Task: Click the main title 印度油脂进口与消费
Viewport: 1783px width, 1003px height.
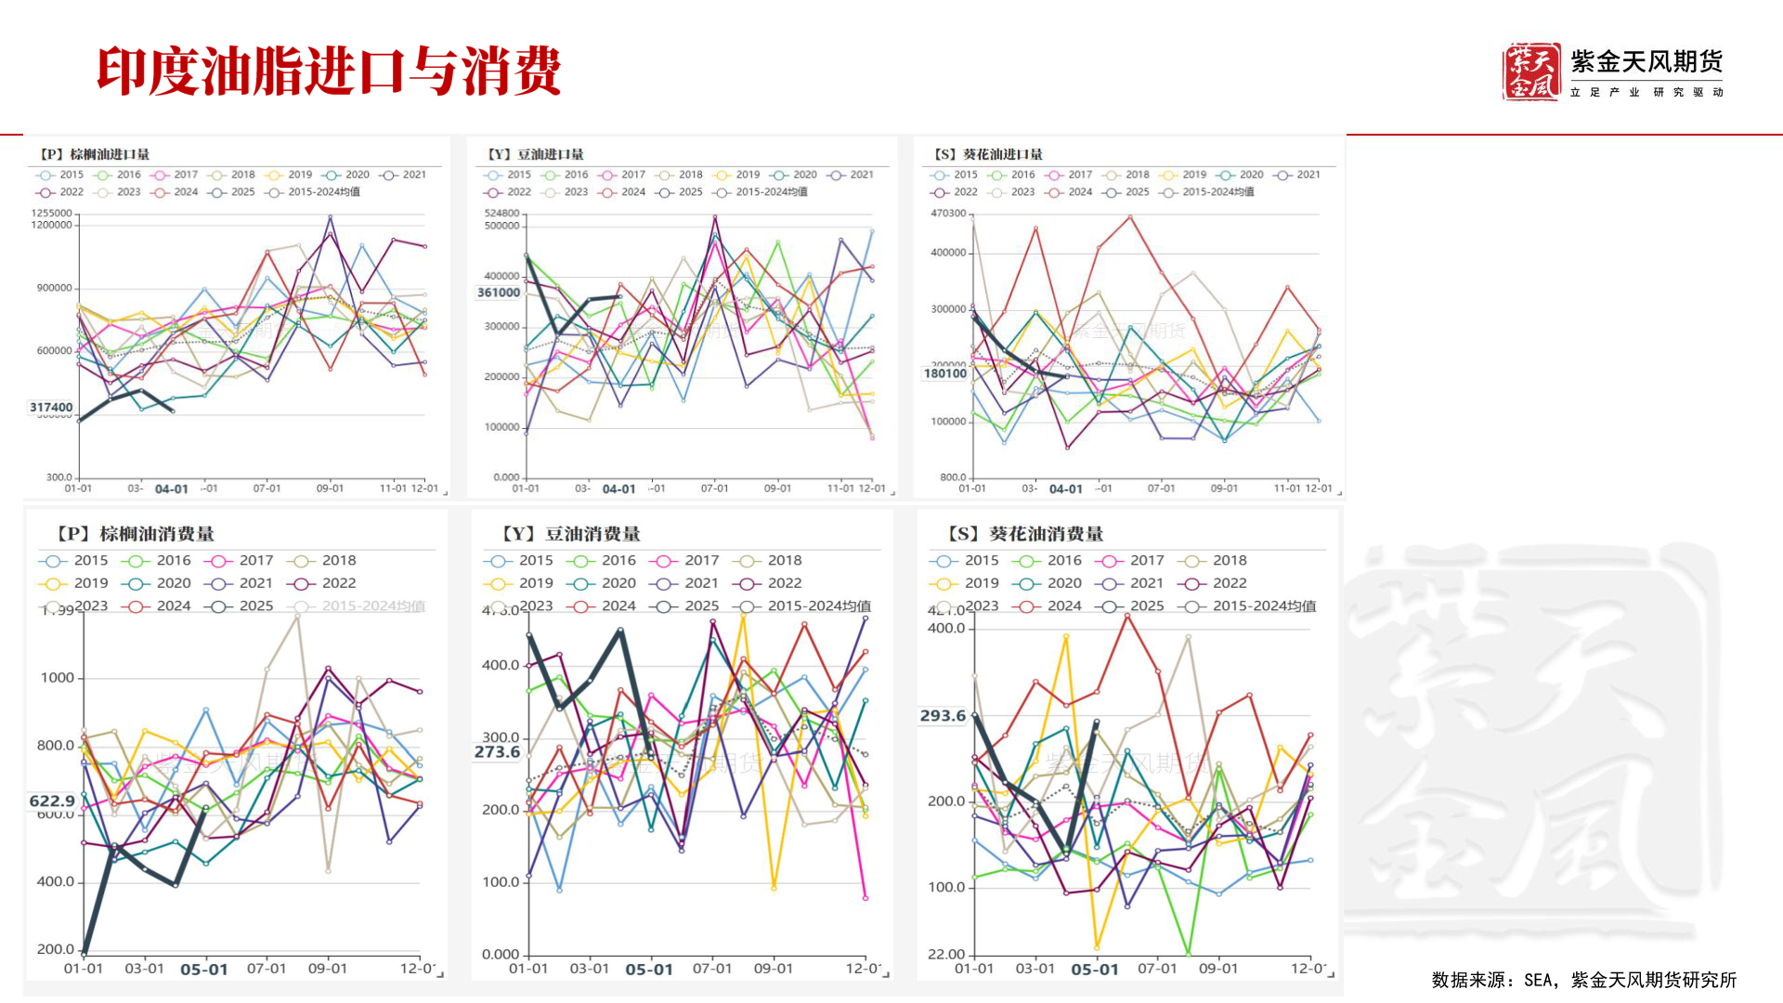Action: [329, 71]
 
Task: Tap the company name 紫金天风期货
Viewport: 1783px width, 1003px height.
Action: [1646, 62]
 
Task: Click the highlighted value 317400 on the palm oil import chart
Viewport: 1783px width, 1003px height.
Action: [51, 407]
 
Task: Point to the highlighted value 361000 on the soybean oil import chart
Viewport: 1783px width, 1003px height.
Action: [499, 293]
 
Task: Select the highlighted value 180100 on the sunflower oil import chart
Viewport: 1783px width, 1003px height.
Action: [945, 373]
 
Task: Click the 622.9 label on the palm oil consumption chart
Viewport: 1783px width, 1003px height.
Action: [52, 801]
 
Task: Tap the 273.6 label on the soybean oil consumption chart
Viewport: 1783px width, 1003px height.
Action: [497, 752]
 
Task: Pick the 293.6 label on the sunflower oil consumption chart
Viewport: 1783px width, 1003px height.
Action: [943, 715]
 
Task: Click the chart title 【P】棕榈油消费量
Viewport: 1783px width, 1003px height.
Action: [134, 534]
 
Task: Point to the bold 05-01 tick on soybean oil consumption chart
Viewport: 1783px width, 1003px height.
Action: [648, 970]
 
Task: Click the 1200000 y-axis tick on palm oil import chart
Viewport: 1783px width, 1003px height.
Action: [51, 225]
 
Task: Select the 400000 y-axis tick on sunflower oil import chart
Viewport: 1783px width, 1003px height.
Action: [948, 253]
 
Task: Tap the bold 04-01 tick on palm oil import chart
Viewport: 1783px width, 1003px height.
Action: [171, 488]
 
